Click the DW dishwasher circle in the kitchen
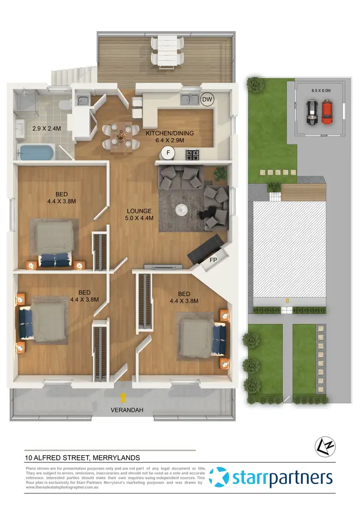click(207, 99)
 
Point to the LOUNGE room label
click(139, 211)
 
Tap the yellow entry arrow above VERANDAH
click(124, 398)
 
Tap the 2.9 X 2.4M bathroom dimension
click(44, 129)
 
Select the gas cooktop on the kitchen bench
click(192, 154)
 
